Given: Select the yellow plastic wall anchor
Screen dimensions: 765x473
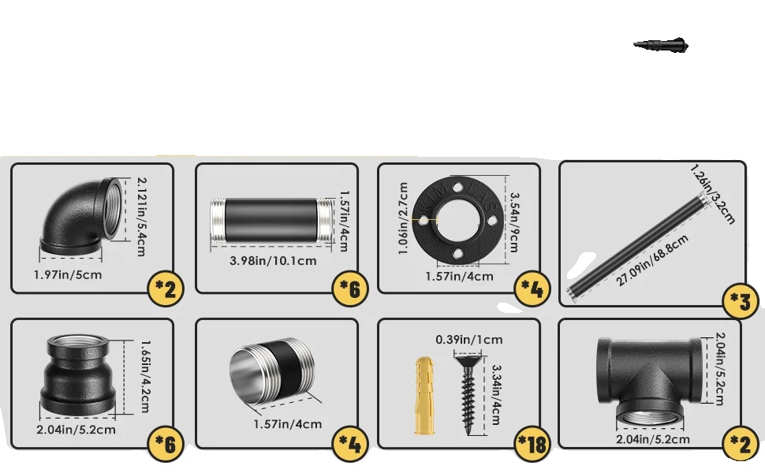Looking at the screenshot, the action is [x=424, y=395].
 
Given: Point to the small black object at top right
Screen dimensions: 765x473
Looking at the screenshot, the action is [x=661, y=44].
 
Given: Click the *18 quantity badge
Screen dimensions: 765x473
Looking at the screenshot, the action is [x=533, y=445].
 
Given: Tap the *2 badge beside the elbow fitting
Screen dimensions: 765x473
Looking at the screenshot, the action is [x=166, y=289].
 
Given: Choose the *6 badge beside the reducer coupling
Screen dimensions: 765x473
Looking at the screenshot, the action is [x=166, y=444].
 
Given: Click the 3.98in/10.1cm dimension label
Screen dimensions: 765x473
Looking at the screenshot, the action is [x=273, y=261].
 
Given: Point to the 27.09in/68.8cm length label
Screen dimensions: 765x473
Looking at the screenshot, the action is [x=652, y=260].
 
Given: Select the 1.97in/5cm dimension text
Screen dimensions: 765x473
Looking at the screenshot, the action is [x=68, y=274].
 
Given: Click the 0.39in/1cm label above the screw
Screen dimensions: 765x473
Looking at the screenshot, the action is [x=468, y=340].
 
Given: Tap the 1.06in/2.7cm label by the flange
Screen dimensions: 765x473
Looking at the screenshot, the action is [x=403, y=218].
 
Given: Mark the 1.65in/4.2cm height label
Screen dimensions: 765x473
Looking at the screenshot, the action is [x=145, y=377].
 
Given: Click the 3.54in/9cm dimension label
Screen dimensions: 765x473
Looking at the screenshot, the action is [x=514, y=222].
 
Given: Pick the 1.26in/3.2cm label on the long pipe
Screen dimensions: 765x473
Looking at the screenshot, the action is [x=713, y=195].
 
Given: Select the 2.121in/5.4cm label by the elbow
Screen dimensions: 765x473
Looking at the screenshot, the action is [x=141, y=217].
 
